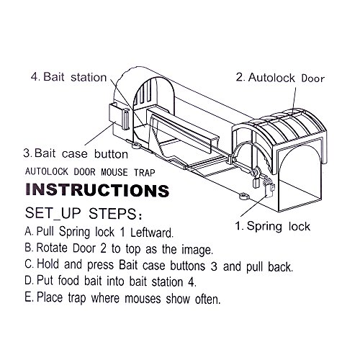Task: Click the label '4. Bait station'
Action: (68, 77)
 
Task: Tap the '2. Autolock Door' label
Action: (280, 78)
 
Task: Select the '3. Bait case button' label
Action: (76, 153)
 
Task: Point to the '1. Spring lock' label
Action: (272, 226)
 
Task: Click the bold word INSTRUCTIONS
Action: (97, 190)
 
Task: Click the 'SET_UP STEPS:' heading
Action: (84, 213)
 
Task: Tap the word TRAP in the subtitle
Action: (145, 172)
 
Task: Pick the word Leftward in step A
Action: (152, 233)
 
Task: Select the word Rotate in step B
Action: (52, 248)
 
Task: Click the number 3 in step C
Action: (214, 266)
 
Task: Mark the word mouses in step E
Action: (143, 299)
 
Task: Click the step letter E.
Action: (29, 297)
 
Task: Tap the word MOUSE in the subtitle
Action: (114, 172)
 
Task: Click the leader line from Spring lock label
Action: (253, 206)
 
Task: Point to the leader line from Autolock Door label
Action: (294, 98)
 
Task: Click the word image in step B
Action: (197, 250)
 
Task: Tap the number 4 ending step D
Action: (192, 282)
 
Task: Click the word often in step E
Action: (207, 299)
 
